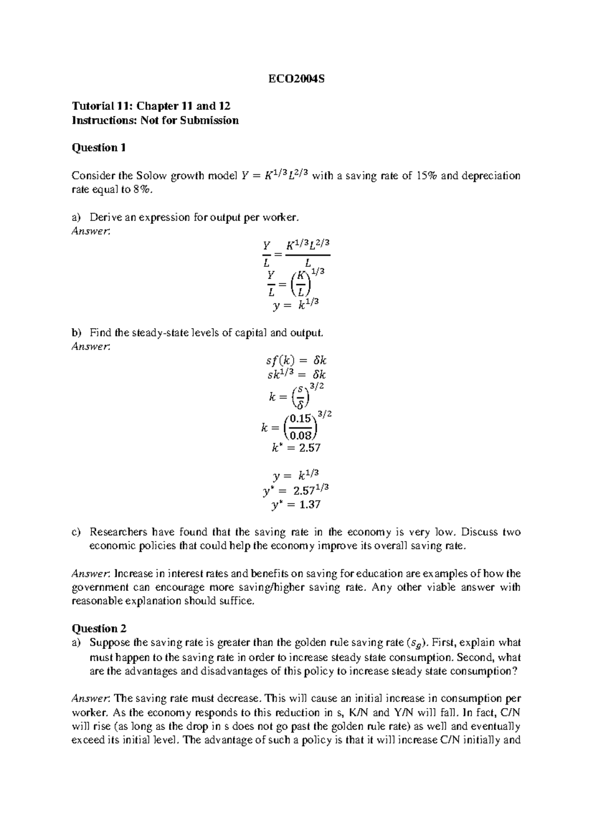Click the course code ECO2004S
(x=296, y=79)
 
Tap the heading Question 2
(x=99, y=628)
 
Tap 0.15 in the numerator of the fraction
(x=300, y=419)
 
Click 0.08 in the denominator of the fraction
(x=300, y=435)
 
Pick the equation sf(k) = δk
(x=296, y=361)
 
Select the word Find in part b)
(x=100, y=333)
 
